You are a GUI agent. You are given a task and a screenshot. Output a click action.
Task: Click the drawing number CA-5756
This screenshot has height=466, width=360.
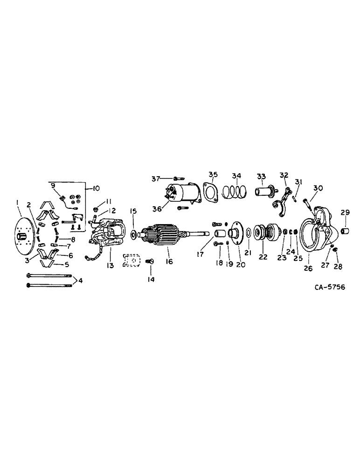[331, 288]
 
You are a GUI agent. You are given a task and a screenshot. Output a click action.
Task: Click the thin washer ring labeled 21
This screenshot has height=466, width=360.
[248, 233]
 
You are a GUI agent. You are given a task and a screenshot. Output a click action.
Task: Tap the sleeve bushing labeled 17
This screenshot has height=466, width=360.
[220, 232]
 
